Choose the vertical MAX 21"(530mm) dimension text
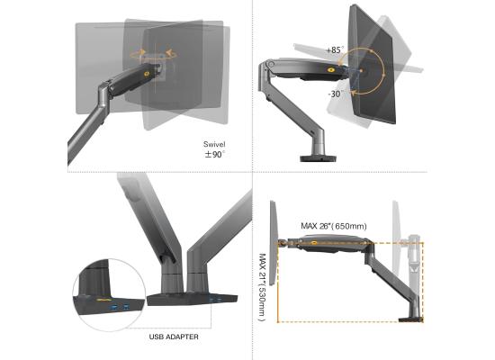[261, 274]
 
